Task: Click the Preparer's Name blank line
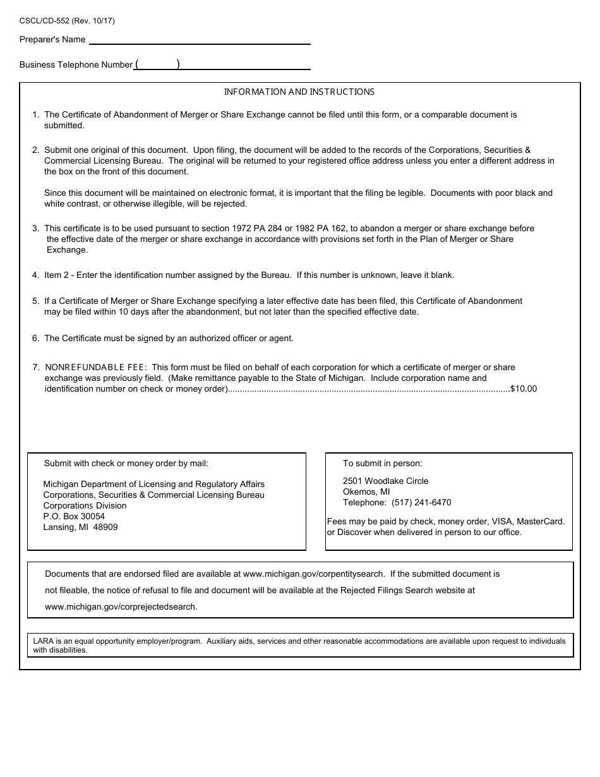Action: [200, 40]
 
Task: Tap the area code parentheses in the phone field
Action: [158, 64]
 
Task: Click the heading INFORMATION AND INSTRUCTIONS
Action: [299, 92]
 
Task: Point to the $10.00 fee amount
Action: [524, 389]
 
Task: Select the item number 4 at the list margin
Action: [35, 275]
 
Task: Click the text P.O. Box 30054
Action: [74, 517]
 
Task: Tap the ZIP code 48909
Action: [105, 527]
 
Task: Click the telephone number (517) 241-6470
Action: [421, 503]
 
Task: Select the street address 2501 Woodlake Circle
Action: [385, 481]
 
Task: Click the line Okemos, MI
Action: [366, 492]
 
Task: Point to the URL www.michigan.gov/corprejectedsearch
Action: [121, 607]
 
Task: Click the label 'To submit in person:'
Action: [383, 464]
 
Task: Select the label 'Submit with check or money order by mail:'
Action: [126, 464]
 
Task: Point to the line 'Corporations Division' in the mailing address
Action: [85, 506]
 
